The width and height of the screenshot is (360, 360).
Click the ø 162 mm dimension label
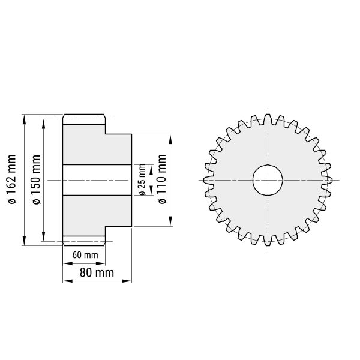(12, 179)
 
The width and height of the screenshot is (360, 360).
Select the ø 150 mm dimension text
(36, 179)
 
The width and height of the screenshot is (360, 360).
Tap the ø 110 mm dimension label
(163, 179)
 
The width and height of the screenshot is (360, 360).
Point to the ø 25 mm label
(142, 180)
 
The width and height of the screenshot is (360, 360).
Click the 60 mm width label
(85, 255)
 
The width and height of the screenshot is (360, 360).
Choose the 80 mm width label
(97, 273)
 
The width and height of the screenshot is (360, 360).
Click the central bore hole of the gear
(268, 180)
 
